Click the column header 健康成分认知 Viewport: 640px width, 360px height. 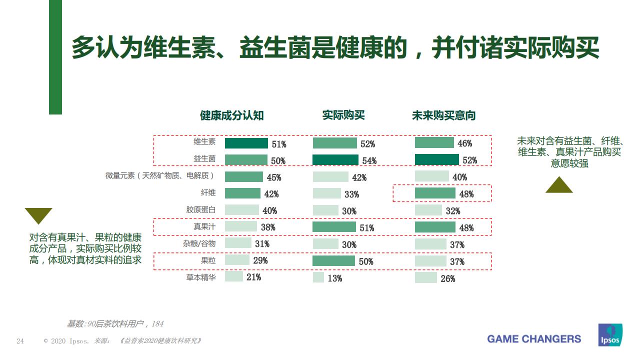coord(231,115)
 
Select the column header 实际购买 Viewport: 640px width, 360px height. coord(343,115)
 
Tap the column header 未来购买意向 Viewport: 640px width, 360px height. coord(443,115)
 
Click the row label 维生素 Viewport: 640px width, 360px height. coord(204,141)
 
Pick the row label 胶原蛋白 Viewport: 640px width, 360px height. coord(201,210)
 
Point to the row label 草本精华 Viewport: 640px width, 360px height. coord(201,277)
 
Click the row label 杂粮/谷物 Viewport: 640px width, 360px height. coord(199,243)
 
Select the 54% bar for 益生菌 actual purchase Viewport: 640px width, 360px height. coord(335,160)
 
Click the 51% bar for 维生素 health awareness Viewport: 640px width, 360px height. coord(246,143)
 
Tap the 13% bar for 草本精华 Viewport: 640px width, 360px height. coord(318,277)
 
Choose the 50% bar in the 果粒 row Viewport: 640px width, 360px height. coord(333,261)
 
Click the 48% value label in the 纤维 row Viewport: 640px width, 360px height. coord(466,194)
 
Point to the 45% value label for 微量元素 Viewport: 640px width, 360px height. coord(273,177)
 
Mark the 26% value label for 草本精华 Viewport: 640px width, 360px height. coord(447,278)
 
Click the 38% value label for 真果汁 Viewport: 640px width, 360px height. coord(267,227)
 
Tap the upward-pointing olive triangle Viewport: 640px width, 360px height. coord(558,186)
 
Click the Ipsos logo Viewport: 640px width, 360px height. coord(610,335)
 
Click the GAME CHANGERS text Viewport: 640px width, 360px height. coord(534,339)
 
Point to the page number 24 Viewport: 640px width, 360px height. coord(20,341)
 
